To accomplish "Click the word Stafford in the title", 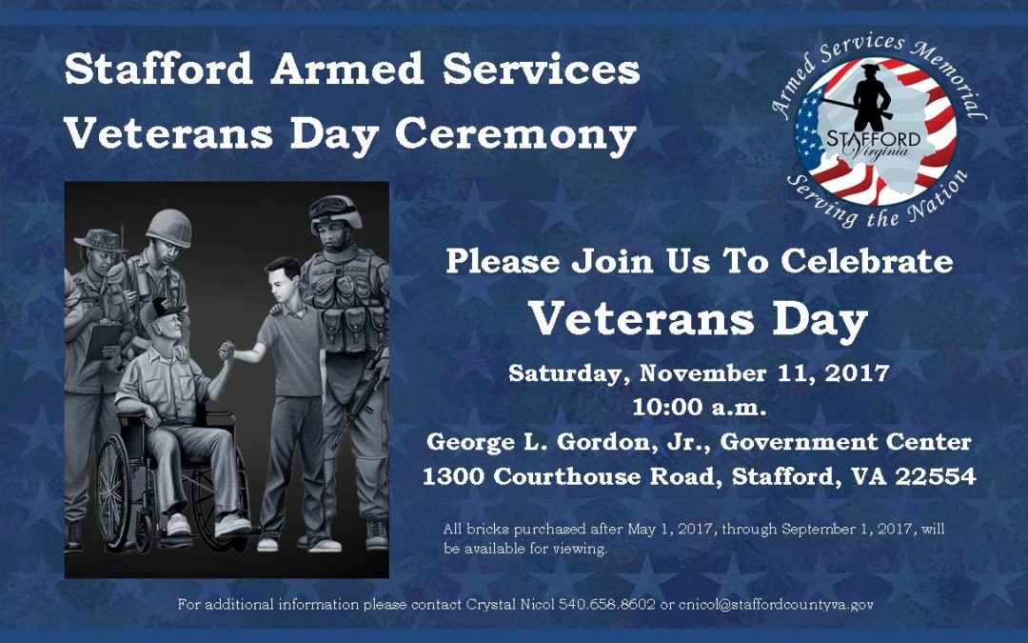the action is tap(159, 69).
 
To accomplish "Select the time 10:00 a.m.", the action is tap(699, 408).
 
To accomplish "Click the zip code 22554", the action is tap(936, 475).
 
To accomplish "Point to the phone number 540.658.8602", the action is tap(606, 604).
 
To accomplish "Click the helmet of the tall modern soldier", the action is tap(335, 210).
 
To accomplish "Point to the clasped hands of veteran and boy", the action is tap(227, 351).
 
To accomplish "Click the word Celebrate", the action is tap(867, 261).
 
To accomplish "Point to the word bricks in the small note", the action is tap(487, 529).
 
